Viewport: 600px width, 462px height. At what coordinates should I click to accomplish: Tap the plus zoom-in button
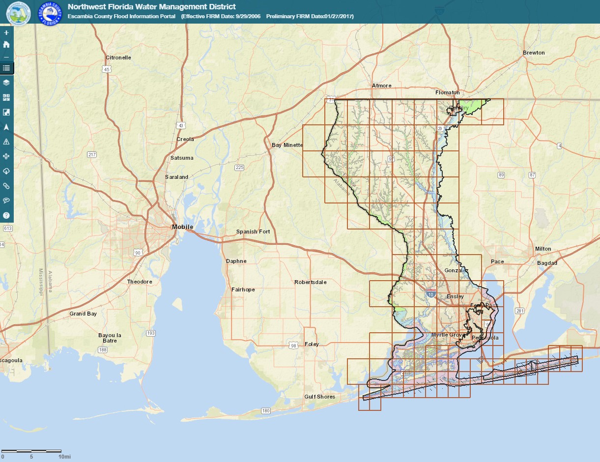coord(6,33)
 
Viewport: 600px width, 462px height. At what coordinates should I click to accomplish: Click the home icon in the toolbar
coord(6,44)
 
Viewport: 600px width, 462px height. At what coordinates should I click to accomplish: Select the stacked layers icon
coord(6,83)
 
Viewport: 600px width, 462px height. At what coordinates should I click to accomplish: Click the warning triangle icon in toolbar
coord(6,142)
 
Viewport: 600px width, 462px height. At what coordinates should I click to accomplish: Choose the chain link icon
coord(6,186)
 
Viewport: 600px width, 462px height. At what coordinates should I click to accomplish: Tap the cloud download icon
coord(6,171)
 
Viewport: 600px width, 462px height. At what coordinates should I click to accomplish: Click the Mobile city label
coord(182,227)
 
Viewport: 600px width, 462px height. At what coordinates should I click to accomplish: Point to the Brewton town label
coord(534,53)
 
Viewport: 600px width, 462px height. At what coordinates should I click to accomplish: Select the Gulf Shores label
coord(319,397)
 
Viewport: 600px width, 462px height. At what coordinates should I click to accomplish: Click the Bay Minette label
coord(287,145)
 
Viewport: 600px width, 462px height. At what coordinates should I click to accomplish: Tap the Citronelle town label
coord(118,58)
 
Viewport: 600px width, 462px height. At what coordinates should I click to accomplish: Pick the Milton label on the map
coord(543,249)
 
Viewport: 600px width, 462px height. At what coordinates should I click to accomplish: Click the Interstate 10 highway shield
coord(430,294)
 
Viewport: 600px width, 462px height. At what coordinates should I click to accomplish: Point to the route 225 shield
coord(239,168)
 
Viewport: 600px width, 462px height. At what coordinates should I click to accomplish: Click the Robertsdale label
coord(310,282)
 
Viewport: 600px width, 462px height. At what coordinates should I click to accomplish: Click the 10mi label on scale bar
coord(65,457)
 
